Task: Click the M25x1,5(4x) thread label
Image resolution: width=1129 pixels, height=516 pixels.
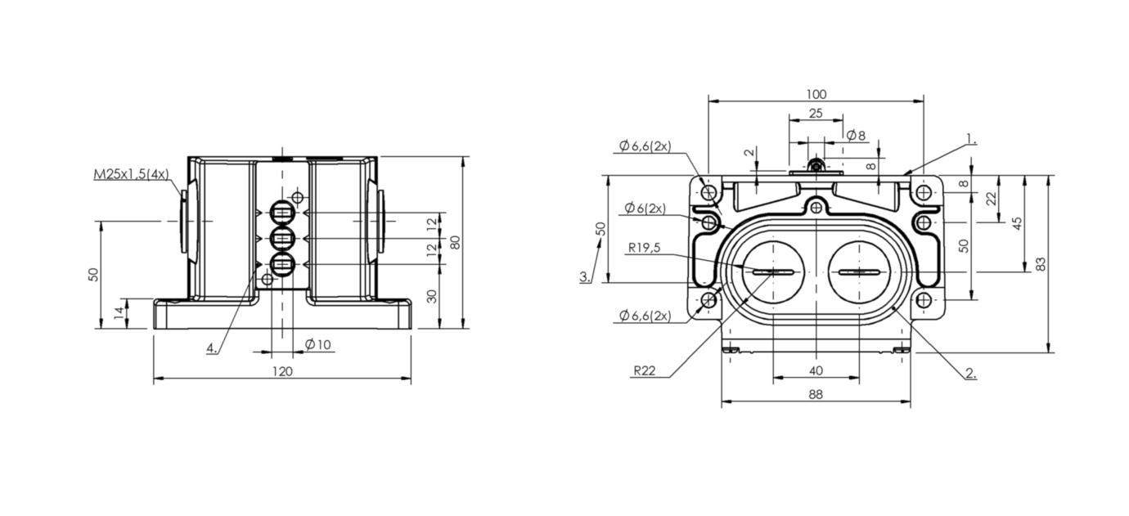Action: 132,174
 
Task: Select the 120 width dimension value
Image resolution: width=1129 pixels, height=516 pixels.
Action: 282,372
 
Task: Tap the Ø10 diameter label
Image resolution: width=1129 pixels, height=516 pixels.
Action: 318,344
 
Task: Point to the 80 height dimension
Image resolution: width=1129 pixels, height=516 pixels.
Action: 455,242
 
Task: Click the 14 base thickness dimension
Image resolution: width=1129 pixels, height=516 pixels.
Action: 119,313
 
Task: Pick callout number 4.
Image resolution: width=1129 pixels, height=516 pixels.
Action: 212,348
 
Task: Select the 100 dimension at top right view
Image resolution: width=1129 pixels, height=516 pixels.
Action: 816,95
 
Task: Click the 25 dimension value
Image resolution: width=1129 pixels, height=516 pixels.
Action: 816,114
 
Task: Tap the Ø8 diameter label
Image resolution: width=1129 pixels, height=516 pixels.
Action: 856,136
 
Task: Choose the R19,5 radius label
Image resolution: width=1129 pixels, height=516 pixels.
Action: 644,248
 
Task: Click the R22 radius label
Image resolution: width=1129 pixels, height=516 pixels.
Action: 645,371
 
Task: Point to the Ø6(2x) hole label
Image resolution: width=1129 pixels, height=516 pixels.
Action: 645,208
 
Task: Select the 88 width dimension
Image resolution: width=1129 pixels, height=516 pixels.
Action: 816,394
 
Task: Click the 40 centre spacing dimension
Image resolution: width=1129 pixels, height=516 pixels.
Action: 816,371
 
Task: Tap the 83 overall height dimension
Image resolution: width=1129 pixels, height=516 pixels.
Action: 1041,264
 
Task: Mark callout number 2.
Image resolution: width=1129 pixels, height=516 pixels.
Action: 971,374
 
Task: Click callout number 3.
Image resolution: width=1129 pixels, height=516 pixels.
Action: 585,276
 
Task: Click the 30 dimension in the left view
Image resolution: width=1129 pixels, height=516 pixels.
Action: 432,296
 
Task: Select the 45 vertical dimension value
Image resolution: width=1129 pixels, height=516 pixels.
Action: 1018,223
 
